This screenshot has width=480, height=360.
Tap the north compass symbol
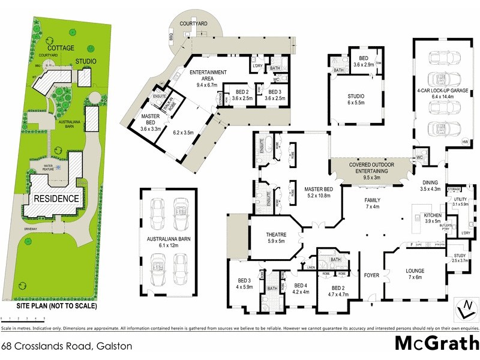(x=465, y=310)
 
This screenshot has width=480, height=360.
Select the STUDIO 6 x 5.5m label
(x=355, y=99)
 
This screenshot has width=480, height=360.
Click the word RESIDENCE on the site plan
(x=56, y=199)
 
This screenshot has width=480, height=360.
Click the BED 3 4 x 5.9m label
(x=244, y=284)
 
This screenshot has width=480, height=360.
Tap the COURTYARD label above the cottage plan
(x=194, y=23)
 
